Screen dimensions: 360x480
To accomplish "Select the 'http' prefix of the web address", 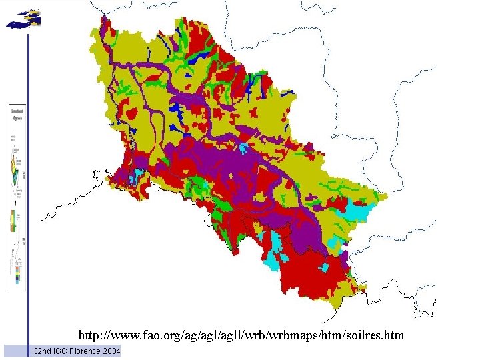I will pyautogui.click(x=88, y=335).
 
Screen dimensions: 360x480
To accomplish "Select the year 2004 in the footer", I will pyautogui.click(x=111, y=351).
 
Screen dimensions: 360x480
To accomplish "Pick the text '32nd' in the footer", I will pyautogui.click(x=42, y=351).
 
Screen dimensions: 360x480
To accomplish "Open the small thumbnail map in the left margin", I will pyautogui.click(x=18, y=197).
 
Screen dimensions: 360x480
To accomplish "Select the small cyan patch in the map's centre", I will pyautogui.click(x=245, y=148).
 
